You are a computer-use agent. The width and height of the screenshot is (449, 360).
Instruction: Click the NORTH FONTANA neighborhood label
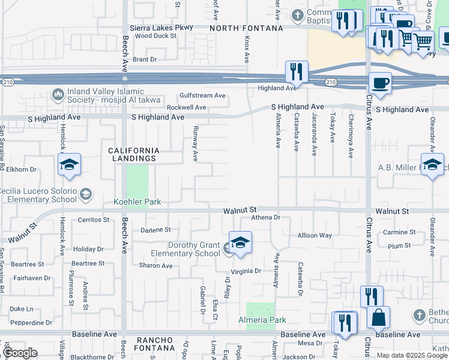(x=246, y=28)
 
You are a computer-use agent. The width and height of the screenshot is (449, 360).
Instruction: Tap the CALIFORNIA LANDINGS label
(x=134, y=154)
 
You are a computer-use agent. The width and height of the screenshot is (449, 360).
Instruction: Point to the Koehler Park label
(x=137, y=202)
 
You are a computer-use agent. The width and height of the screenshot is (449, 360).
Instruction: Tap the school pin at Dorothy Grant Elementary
(x=240, y=243)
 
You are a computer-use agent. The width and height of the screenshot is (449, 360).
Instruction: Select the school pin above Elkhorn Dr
(x=69, y=164)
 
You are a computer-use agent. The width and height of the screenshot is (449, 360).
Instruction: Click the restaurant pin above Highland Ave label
(x=296, y=71)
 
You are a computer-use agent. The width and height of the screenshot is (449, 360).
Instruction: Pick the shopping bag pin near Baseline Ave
(x=378, y=317)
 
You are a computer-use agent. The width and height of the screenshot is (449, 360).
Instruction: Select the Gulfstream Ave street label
(x=202, y=95)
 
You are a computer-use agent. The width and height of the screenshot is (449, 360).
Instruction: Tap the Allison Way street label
(x=314, y=235)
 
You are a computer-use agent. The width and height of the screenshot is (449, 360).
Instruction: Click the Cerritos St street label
(x=94, y=220)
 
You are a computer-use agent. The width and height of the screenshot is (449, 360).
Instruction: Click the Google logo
(x=19, y=353)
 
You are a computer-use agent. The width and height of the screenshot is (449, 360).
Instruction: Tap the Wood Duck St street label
(x=155, y=36)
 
